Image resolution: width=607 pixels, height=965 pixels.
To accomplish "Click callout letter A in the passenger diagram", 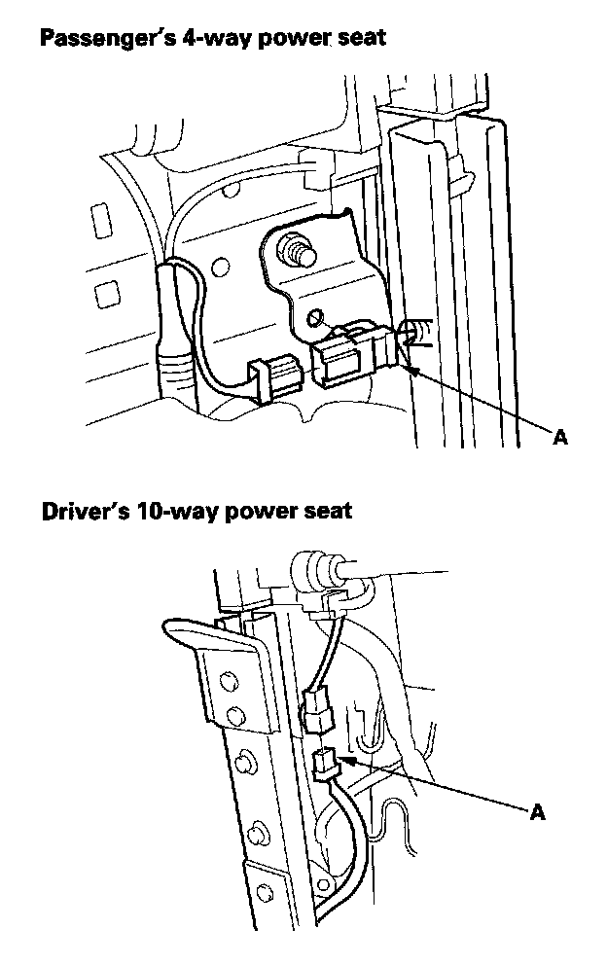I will [558, 439].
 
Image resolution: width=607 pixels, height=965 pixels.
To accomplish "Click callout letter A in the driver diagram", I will [537, 812].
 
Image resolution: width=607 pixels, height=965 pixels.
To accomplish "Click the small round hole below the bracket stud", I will [313, 317].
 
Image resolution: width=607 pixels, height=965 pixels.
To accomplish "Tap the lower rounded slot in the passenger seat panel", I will [106, 292].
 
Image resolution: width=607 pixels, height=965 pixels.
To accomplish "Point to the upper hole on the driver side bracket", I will [229, 678].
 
